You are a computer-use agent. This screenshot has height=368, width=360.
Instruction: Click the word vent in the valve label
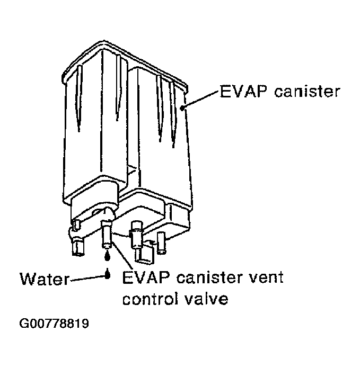tap(266, 277)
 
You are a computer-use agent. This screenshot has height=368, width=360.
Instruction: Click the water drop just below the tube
tap(108, 256)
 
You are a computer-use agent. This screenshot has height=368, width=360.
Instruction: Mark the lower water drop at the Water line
tap(108, 274)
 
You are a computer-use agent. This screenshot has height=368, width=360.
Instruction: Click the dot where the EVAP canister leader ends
tap(182, 107)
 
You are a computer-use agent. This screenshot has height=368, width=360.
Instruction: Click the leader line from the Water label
tap(87, 277)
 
